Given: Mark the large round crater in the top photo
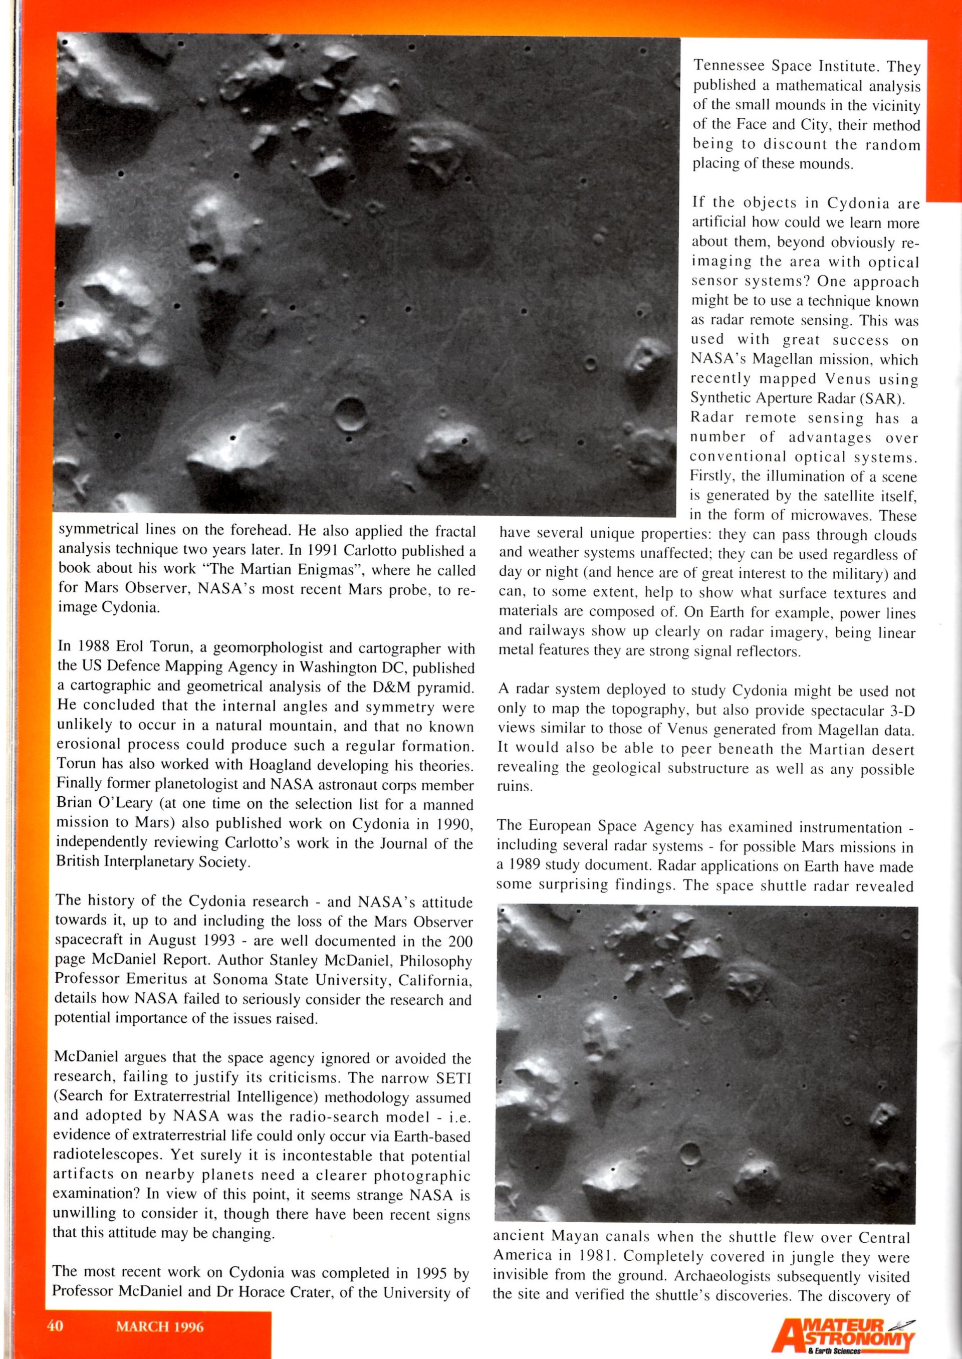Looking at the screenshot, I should (x=350, y=412).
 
